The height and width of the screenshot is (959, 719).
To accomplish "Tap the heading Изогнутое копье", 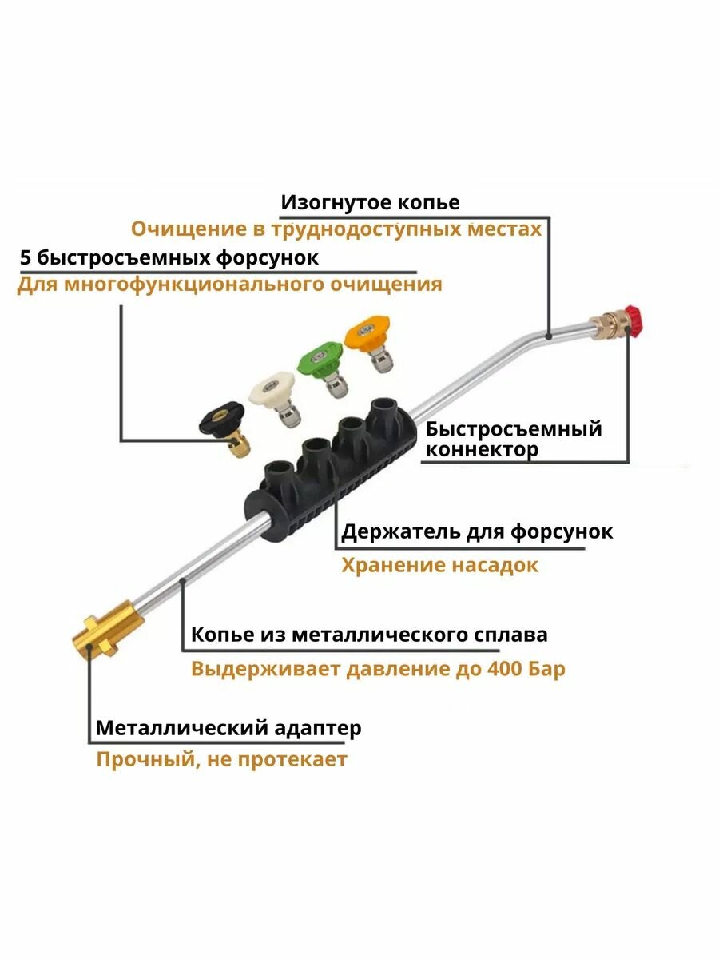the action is pyautogui.click(x=370, y=202).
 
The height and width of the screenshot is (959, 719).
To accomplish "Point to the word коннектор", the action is pyautogui.click(x=482, y=450).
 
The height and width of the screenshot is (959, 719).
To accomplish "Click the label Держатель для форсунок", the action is pyautogui.click(x=477, y=531).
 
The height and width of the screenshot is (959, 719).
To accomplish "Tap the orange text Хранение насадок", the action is pyautogui.click(x=439, y=566).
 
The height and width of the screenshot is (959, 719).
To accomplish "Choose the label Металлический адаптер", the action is pyautogui.click(x=228, y=729).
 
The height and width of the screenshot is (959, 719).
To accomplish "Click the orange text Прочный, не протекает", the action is pyautogui.click(x=221, y=759).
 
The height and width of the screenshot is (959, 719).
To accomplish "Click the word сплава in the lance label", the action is pyautogui.click(x=510, y=635).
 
